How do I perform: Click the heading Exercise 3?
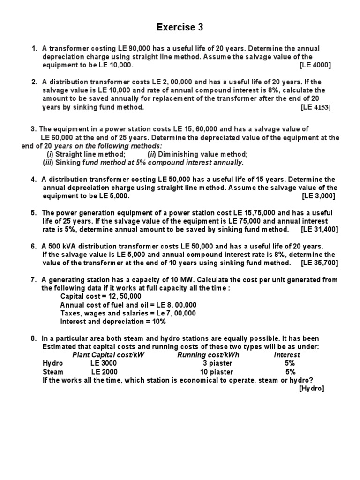[180, 28]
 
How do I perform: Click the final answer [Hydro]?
[312, 389]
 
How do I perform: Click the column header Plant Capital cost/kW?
[108, 355]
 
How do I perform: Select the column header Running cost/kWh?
[208, 355]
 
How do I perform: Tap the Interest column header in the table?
[287, 355]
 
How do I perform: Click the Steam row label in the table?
[52, 372]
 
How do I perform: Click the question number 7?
[34, 280]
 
